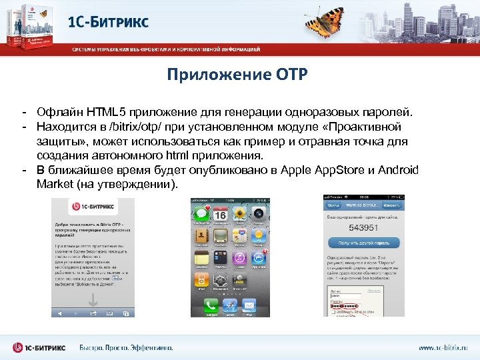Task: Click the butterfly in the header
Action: pyautogui.click(x=328, y=19)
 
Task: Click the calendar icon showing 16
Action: pyautogui.click(x=219, y=215)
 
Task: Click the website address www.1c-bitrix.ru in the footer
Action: pyautogui.click(x=443, y=347)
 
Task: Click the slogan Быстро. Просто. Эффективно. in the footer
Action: pyautogui.click(x=127, y=347)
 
